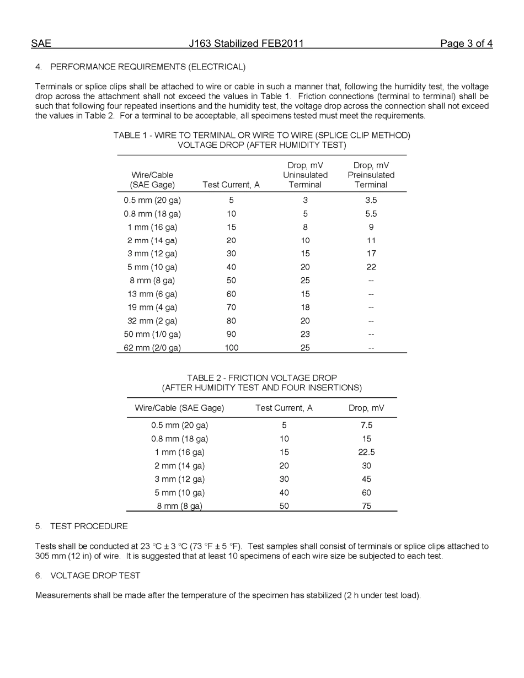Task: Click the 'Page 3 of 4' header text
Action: pyautogui.click(x=466, y=44)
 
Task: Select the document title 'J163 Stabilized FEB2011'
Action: pyautogui.click(x=246, y=44)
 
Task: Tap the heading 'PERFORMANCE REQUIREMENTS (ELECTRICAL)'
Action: pyautogui.click(x=148, y=67)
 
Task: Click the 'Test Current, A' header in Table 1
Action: pyautogui.click(x=231, y=185)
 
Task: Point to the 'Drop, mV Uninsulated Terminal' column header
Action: pyautogui.click(x=305, y=175)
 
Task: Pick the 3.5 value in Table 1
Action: pyautogui.click(x=371, y=201)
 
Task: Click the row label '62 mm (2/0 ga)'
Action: pyautogui.click(x=152, y=348)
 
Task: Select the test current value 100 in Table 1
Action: pyautogui.click(x=231, y=348)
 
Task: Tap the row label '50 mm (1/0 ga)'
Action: pyautogui.click(x=152, y=334)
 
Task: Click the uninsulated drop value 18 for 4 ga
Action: pyautogui.click(x=305, y=308)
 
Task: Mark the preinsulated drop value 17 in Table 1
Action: pyautogui.click(x=371, y=254)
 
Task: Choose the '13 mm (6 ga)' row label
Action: pyautogui.click(x=152, y=294)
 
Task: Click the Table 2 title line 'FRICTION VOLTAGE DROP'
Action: pyautogui.click(x=261, y=378)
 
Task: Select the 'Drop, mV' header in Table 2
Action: pyautogui.click(x=366, y=408)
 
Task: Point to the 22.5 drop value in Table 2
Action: pyautogui.click(x=366, y=453)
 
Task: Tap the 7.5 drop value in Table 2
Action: pyautogui.click(x=366, y=426)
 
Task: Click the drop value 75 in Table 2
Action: pyautogui.click(x=366, y=506)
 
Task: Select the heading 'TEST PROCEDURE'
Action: pyautogui.click(x=89, y=526)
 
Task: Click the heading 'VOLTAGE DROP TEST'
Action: pyautogui.click(x=95, y=575)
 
